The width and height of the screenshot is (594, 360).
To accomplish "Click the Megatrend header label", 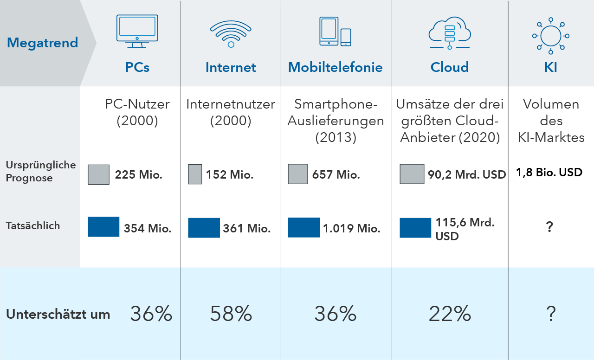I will (x=42, y=43).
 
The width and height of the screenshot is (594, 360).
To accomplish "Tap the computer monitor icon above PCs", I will (x=137, y=31).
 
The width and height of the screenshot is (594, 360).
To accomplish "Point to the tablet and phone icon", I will (x=335, y=32).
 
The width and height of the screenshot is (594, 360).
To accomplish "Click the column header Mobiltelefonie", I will (x=335, y=67).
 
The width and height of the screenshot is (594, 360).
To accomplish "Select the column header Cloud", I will (x=449, y=67).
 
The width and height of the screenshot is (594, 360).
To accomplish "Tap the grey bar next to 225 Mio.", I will (x=99, y=174).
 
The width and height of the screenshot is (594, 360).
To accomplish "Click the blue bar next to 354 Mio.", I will (x=103, y=227).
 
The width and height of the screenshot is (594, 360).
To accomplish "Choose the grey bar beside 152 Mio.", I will (x=195, y=174).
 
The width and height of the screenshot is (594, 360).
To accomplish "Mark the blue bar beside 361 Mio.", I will (x=204, y=228).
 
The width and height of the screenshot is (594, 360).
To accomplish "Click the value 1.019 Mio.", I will (x=352, y=228).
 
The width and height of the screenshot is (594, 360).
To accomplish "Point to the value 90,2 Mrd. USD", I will (x=467, y=175).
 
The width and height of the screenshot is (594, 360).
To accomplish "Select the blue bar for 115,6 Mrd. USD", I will (x=415, y=227).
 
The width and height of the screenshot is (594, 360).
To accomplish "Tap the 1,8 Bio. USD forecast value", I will (x=549, y=173).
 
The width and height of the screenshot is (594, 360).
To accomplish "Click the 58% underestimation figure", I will (x=231, y=315).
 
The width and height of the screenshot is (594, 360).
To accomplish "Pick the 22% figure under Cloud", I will (x=450, y=315).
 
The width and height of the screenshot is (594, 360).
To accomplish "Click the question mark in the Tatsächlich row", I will (x=550, y=227).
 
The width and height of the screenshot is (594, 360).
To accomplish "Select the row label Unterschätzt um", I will (x=58, y=314).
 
